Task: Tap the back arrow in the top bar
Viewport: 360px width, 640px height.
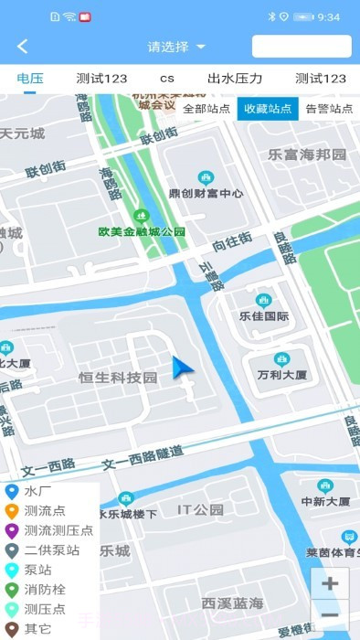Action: tap(23, 47)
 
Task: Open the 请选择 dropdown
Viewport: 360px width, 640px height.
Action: tap(176, 47)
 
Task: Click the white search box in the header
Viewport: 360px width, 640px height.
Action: tap(302, 47)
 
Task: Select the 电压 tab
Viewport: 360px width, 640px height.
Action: tap(30, 79)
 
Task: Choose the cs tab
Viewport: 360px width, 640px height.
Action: tap(167, 79)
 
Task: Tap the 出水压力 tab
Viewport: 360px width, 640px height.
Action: tap(235, 79)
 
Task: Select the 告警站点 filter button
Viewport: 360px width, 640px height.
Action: tap(329, 108)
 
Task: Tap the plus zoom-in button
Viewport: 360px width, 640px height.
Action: tap(330, 583)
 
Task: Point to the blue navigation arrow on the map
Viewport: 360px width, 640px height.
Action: tap(183, 369)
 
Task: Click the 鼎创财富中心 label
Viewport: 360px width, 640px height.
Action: tap(206, 193)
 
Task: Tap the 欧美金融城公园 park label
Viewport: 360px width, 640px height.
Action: tap(142, 231)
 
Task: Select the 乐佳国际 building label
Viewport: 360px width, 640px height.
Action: tap(264, 317)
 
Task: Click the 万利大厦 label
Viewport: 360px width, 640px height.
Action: tap(281, 375)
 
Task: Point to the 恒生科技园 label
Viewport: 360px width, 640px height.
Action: tap(118, 378)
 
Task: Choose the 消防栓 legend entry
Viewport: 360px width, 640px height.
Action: tap(45, 590)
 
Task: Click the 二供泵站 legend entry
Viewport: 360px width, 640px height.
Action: tap(51, 550)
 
